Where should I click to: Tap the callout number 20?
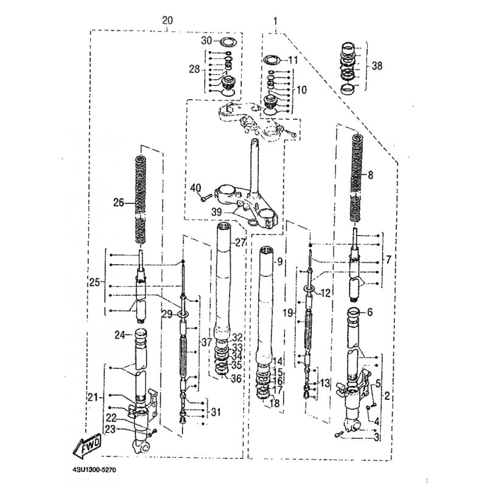[x=167, y=20]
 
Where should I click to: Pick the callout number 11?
[x=293, y=60]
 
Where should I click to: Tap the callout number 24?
[x=120, y=334]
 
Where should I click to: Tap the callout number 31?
[x=216, y=413]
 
